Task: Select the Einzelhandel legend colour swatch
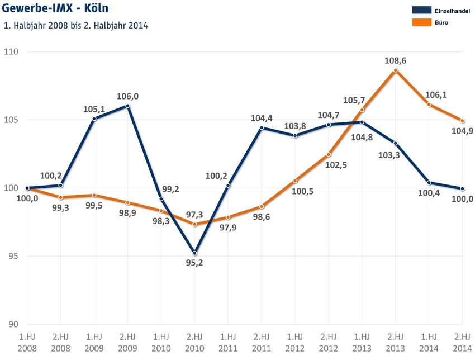click(x=422, y=10)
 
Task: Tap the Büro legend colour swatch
click(x=422, y=23)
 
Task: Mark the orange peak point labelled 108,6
click(x=395, y=70)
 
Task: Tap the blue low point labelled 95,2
click(x=194, y=253)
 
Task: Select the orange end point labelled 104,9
click(x=462, y=121)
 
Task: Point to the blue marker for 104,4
click(x=262, y=128)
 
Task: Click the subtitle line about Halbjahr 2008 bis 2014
click(x=75, y=26)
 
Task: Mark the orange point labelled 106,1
click(x=429, y=105)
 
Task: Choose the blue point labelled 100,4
click(x=429, y=182)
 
